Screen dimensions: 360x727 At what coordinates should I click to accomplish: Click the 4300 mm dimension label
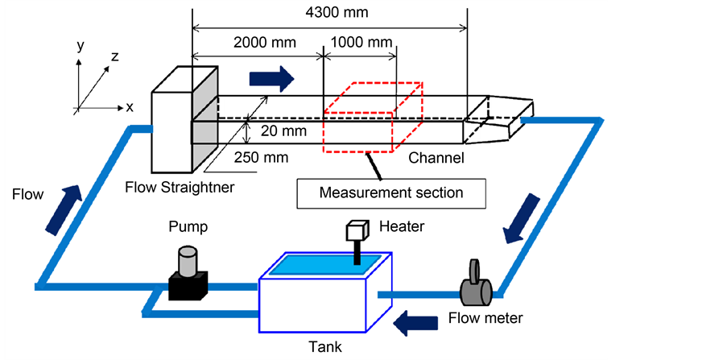click(329, 14)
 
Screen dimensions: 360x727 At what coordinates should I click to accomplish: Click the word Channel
click(436, 158)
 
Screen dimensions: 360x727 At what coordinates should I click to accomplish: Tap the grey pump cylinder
click(188, 261)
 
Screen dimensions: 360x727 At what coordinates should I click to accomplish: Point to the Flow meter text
click(485, 317)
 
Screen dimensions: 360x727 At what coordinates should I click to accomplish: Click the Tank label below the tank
click(326, 347)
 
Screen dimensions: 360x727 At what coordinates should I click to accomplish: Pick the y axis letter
click(80, 46)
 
